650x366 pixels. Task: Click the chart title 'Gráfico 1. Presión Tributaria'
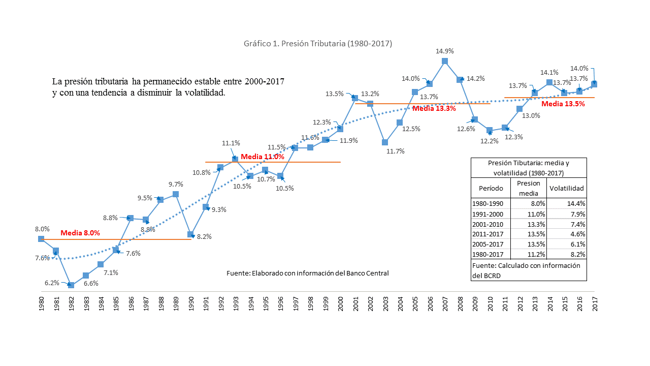318,44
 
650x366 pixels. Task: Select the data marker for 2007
445,61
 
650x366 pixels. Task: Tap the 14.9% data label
445,51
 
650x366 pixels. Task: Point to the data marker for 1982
71,285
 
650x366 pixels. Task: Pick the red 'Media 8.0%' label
80,233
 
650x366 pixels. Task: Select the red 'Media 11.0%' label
263,157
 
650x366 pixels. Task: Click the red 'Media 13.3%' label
434,108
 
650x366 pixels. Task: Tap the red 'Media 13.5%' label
563,104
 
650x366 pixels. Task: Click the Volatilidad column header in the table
566,188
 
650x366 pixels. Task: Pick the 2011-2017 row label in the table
487,234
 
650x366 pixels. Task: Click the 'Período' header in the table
491,188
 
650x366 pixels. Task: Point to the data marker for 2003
385,142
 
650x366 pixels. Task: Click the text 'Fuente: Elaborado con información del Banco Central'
307,273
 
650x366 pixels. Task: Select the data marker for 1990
190,234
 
